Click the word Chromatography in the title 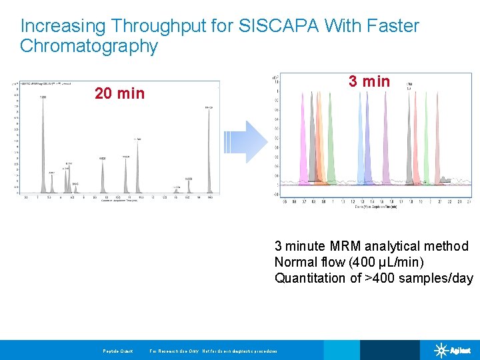pos(89,46)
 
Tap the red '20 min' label pos(119,93)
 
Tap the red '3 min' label pos(369,81)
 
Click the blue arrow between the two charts pos(245,142)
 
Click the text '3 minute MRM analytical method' pos(371,247)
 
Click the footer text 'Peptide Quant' pos(118,351)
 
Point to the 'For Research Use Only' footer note pos(173,351)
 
